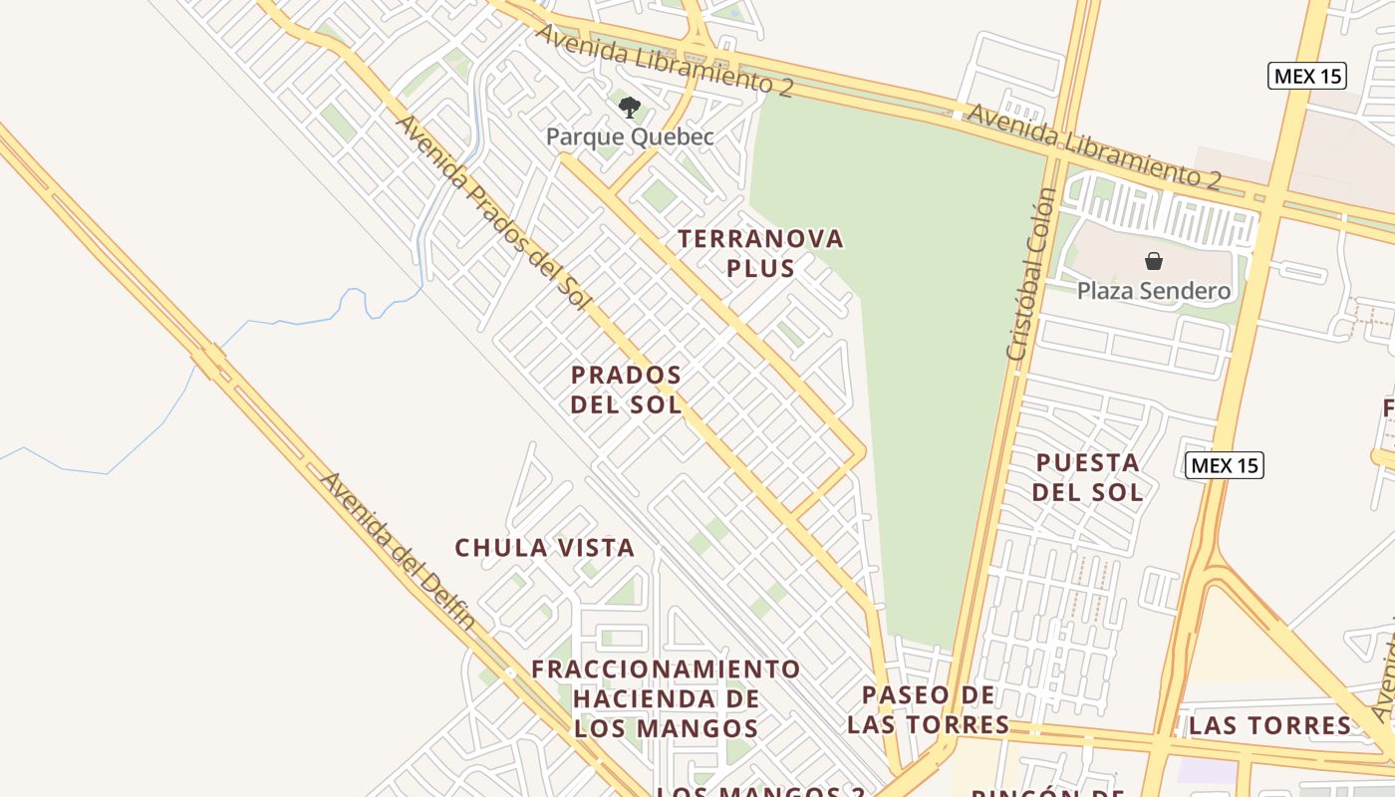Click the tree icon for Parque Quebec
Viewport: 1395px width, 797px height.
629,107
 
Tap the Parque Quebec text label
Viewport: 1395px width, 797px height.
630,136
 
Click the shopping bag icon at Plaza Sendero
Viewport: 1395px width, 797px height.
1154,261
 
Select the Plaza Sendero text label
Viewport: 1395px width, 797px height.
1154,291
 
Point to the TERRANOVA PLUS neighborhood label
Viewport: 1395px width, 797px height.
760,253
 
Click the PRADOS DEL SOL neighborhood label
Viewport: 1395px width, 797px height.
627,390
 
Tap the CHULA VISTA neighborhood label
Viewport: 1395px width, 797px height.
544,548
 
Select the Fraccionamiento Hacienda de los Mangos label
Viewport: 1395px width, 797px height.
666,698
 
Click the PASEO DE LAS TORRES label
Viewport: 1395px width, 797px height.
928,709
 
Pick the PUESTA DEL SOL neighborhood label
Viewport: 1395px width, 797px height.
1087,476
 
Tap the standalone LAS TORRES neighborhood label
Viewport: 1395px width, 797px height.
1270,725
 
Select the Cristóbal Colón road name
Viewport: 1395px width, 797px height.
1031,274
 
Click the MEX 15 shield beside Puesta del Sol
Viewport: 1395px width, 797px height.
1225,465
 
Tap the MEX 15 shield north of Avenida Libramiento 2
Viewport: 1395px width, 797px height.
1307,76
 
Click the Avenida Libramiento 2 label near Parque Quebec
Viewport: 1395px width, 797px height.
664,60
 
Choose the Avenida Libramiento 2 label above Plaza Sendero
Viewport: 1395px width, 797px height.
1093,145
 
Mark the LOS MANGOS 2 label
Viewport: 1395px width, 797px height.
761,791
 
